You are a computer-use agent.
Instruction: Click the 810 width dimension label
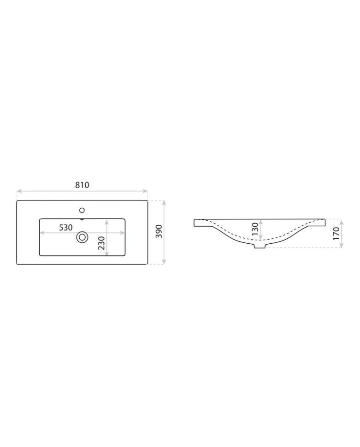click(82, 185)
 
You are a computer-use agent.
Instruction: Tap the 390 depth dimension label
click(159, 231)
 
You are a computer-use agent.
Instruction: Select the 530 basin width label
click(65, 228)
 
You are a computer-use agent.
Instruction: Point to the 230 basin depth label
click(101, 243)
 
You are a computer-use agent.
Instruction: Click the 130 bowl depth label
click(255, 229)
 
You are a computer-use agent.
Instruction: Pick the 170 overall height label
click(336, 233)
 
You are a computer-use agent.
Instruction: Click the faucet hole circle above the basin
click(82, 211)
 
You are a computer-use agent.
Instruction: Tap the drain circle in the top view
click(82, 237)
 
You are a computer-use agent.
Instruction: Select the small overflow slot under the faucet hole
click(82, 220)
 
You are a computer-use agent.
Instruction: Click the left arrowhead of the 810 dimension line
click(19, 191)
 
